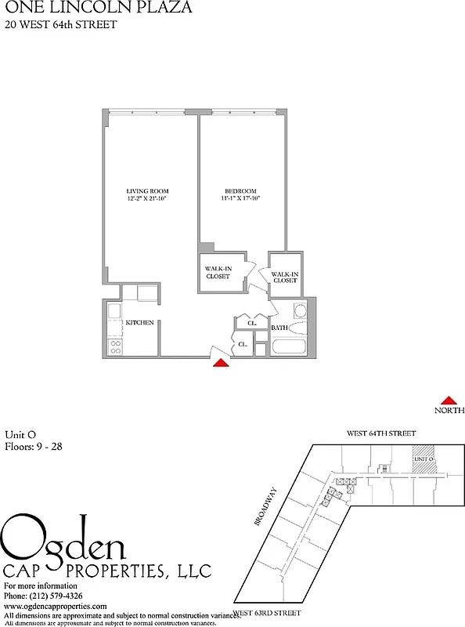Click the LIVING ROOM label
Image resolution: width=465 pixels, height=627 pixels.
pos(147,191)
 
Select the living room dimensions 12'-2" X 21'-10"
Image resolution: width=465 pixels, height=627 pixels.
pos(147,199)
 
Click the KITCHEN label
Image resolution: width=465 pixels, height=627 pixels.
pos(140,323)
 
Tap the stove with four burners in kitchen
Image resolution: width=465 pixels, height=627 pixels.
pos(114,345)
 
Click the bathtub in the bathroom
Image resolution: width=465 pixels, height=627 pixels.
pos(289,346)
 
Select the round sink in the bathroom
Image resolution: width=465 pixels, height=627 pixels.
pos(299,309)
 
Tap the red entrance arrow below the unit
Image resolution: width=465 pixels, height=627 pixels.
pos(222,362)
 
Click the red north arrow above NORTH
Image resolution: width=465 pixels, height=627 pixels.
pos(449,400)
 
